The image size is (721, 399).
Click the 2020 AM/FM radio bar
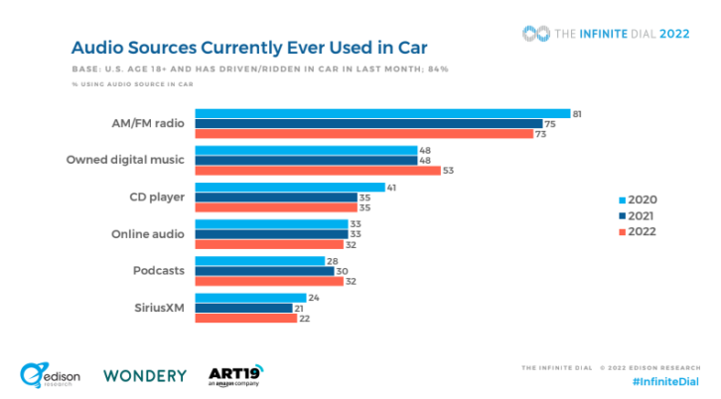[x=382, y=113]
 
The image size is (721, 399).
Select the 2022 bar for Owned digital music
[x=318, y=171]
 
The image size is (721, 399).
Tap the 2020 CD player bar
[x=290, y=187]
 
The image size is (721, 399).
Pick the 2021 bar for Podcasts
[x=264, y=271]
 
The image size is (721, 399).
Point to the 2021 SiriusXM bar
[x=243, y=308]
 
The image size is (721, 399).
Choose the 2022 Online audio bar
[x=269, y=244]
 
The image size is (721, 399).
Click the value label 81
[x=577, y=114]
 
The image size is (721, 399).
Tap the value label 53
[x=448, y=171]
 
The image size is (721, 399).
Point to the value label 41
[x=391, y=188]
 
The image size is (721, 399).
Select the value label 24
[x=314, y=298]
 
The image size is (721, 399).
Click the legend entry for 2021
[x=637, y=216]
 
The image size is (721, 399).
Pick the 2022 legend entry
[x=638, y=231]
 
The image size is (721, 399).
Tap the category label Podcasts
[x=159, y=270]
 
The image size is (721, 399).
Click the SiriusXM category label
[x=159, y=308]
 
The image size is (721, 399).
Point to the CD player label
[x=157, y=198]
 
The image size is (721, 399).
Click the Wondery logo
[x=145, y=376]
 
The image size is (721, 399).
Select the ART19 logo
[x=236, y=376]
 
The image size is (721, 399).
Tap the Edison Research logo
[x=50, y=375]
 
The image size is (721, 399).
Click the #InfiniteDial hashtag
[x=665, y=381]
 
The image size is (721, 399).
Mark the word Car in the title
[x=412, y=48]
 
